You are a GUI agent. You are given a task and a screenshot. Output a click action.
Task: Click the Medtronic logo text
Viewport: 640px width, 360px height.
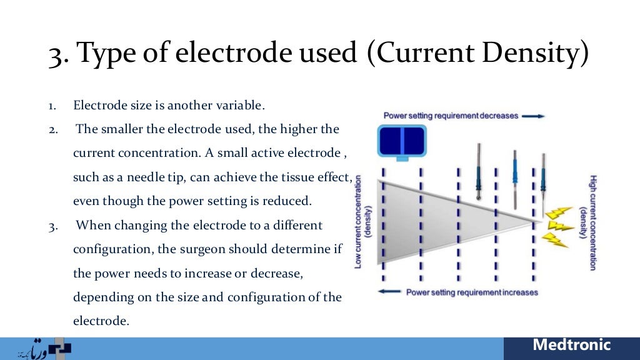[571, 345]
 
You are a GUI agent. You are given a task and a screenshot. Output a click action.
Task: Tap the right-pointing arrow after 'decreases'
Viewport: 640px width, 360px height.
[532, 116]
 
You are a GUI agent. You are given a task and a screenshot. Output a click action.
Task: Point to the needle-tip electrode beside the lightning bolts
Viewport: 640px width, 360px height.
[544, 187]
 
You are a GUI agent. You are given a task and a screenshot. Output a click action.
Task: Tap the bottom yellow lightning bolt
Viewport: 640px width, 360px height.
[555, 240]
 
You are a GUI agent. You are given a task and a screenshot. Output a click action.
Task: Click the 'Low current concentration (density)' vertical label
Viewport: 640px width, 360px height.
[363, 222]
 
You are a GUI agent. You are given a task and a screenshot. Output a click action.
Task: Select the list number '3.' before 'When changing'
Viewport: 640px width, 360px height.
[54, 226]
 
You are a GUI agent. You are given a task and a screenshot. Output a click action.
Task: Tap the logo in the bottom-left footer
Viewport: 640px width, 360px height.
[44, 349]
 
